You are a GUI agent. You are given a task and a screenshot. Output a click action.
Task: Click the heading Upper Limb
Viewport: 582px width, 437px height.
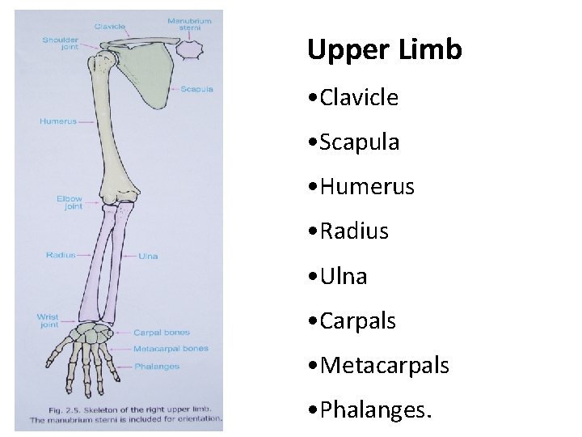point(384,50)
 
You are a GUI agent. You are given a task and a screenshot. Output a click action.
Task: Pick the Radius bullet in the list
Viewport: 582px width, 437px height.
point(353,231)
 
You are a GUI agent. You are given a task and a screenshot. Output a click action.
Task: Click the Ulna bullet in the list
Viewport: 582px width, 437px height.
point(343,276)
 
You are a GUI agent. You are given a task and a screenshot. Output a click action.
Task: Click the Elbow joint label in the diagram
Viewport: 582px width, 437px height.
point(70,202)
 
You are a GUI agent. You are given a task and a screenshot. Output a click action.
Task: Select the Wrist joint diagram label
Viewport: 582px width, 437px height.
point(48,320)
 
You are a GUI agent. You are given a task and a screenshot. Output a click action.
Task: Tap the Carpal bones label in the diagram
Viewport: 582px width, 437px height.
point(161,333)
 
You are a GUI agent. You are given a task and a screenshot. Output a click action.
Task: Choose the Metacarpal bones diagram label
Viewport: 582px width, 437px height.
point(171,349)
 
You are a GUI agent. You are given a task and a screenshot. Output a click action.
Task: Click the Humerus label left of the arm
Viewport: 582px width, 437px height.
point(58,122)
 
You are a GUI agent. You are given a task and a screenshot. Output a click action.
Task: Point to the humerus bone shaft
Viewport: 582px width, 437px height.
point(112,129)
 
